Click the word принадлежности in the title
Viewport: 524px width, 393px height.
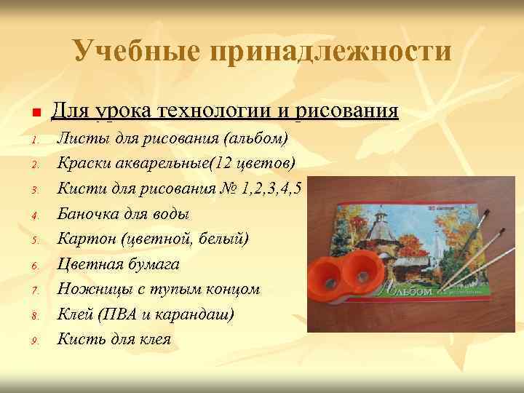click(329, 52)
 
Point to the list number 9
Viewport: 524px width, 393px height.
click(34, 340)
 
